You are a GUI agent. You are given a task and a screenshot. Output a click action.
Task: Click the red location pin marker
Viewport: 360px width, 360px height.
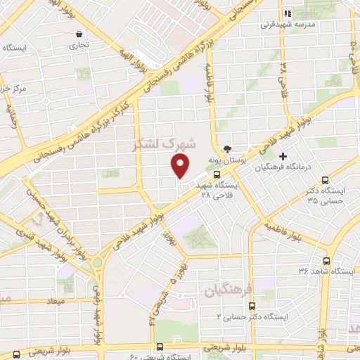tap(181, 166)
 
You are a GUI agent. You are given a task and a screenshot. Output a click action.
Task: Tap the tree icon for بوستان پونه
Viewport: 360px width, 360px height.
tap(226, 148)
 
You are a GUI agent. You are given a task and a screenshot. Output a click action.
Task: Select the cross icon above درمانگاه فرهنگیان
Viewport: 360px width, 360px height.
tap(283, 156)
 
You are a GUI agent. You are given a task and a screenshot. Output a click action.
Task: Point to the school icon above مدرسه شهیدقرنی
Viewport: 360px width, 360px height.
tap(286, 13)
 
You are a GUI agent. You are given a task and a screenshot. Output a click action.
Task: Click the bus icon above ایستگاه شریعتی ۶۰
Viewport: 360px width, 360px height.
tap(161, 346)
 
